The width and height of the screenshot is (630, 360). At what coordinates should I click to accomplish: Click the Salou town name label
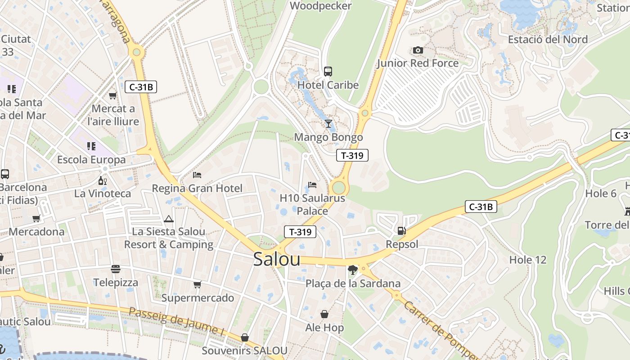click(276, 259)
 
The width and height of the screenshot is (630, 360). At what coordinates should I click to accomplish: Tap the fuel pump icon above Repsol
click(401, 231)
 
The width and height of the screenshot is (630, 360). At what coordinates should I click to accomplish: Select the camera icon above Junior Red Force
click(418, 50)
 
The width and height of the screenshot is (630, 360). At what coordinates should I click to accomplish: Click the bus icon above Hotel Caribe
click(328, 71)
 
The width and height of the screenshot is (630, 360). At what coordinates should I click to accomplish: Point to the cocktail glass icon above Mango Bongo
click(328, 123)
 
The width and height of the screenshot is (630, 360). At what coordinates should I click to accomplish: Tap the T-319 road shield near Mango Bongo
click(352, 156)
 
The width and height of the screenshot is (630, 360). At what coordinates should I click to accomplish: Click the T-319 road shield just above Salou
click(300, 232)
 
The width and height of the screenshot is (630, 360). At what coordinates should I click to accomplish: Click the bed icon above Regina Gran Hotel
click(197, 175)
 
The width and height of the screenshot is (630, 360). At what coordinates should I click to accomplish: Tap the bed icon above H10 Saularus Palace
click(312, 184)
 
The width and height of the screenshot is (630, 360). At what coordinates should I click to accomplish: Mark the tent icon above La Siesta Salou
click(169, 219)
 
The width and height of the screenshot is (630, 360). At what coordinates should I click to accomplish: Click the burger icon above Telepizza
click(116, 269)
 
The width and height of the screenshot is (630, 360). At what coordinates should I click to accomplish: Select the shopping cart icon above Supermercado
click(197, 284)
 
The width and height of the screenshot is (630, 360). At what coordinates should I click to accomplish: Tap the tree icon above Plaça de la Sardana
click(353, 270)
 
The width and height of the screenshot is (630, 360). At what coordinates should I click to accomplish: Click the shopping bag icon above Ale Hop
click(324, 314)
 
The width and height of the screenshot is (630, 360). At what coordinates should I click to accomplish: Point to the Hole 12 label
click(527, 260)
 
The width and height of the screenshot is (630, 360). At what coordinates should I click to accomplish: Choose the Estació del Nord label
click(548, 40)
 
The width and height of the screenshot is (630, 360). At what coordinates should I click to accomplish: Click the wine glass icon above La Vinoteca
click(103, 181)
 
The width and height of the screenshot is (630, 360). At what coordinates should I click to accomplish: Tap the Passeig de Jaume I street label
click(176, 320)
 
